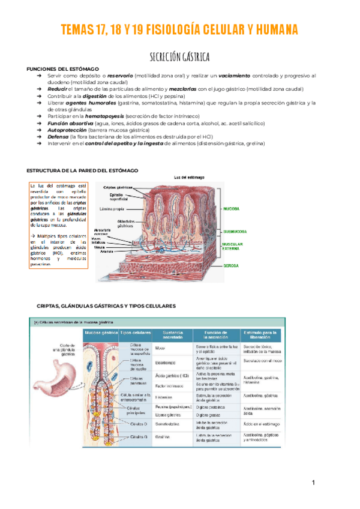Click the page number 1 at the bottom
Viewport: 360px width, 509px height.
tap(313, 483)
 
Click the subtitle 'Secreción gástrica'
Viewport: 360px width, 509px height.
tap(179, 58)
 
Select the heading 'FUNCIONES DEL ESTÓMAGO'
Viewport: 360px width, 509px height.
tap(62, 70)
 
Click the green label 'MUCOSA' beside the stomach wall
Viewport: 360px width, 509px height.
tap(232, 208)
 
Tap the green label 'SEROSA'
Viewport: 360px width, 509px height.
tap(232, 265)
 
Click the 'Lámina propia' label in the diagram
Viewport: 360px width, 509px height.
tap(113, 209)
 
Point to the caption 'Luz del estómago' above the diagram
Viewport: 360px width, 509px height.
tap(189, 177)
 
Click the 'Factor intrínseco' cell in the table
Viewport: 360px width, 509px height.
tap(169, 386)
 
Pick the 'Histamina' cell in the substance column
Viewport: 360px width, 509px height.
tap(164, 397)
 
